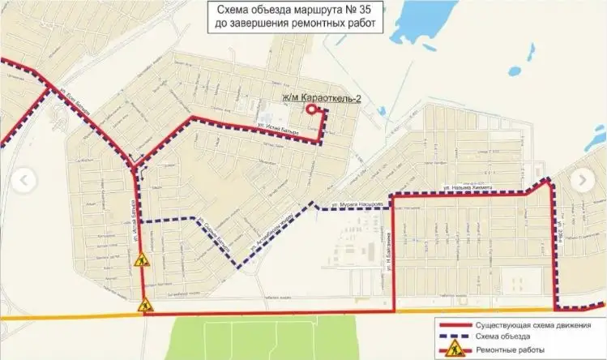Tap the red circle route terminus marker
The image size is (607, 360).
pyautogui.click(x=310, y=109)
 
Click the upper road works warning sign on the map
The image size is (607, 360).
pyautogui.click(x=139, y=262)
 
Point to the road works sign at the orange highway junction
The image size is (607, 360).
pyautogui.click(x=144, y=306)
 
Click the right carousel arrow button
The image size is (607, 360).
pyautogui.click(x=581, y=178)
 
